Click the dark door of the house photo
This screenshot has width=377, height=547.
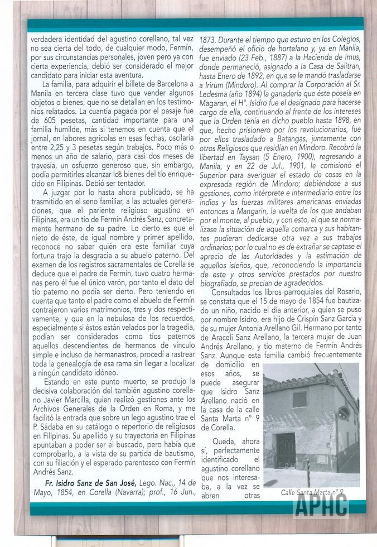point(286,449)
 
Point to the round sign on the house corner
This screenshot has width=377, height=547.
point(344,414)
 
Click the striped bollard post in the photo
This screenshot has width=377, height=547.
point(308,465)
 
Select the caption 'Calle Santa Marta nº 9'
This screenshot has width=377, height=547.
point(312,492)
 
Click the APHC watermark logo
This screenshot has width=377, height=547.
point(321,506)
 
